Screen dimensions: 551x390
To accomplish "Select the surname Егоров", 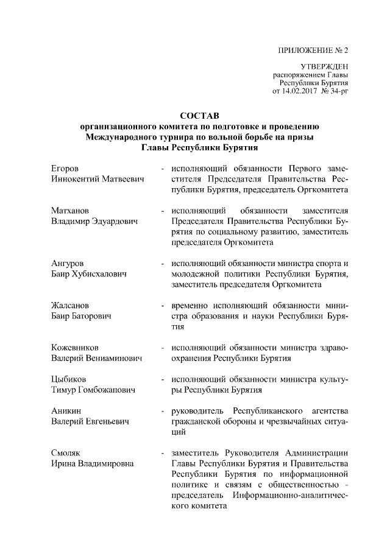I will [65, 167].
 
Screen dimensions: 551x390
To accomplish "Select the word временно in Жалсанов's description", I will [191, 306].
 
